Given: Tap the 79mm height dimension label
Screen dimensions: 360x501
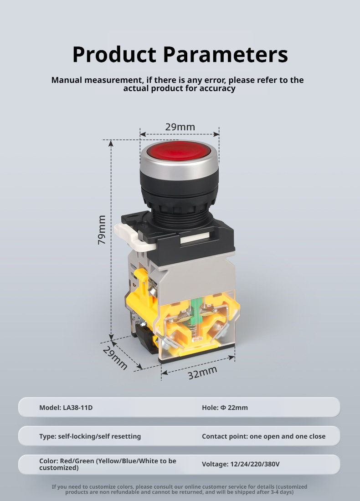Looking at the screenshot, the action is click(x=102, y=230).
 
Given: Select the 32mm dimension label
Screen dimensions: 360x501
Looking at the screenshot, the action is click(x=202, y=373).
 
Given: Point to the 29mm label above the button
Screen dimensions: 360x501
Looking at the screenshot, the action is click(x=180, y=127).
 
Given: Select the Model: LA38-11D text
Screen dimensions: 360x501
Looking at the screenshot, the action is click(x=66, y=407).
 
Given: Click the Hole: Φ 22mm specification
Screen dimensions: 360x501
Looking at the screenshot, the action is click(x=225, y=407).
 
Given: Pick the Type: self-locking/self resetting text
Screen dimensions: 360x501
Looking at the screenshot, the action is click(x=90, y=436).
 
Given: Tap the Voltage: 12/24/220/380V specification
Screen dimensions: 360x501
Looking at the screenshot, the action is click(x=241, y=464).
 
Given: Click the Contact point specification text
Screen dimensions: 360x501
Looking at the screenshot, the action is click(x=264, y=436).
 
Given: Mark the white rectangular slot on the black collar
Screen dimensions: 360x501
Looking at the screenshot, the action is click(x=195, y=240).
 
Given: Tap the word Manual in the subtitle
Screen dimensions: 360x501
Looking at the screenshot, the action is click(x=67, y=80).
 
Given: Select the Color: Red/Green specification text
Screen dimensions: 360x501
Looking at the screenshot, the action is click(x=108, y=464).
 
